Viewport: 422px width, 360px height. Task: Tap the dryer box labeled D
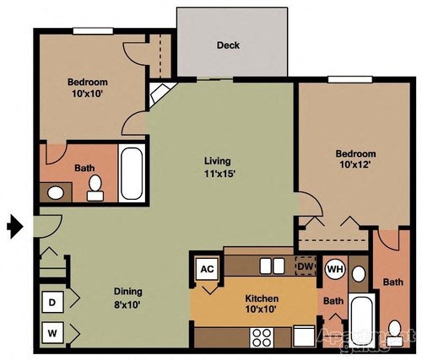52,302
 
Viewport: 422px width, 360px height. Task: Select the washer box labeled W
52,333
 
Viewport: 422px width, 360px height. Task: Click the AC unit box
206,270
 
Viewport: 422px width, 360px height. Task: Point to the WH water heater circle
335,270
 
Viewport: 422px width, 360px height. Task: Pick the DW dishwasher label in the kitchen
305,266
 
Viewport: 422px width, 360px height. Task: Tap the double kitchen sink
271,266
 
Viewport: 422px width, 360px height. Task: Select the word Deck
227,46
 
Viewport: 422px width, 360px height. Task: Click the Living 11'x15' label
217,168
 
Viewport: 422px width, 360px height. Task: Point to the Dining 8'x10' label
128,299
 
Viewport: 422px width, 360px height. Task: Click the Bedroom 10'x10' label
88,89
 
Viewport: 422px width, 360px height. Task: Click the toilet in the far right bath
393,330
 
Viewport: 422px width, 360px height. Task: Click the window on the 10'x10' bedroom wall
93,31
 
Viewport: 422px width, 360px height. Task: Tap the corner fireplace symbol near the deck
158,94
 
